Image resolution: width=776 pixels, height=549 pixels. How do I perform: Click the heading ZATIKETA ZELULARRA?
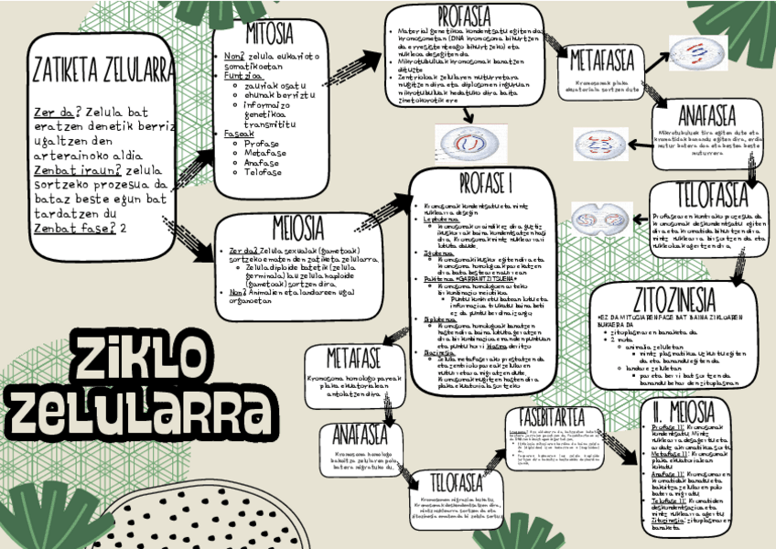click(102, 69)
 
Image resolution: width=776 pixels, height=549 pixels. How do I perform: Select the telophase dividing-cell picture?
click(601, 217)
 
